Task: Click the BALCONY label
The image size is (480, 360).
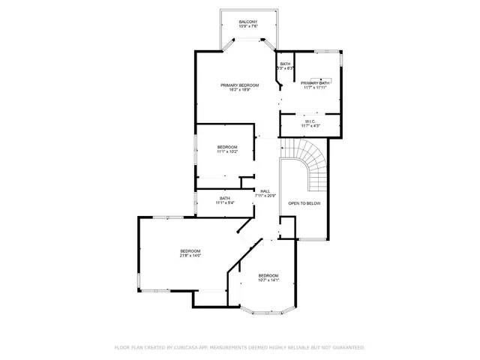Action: [248, 22]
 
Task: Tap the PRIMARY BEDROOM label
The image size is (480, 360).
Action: [239, 85]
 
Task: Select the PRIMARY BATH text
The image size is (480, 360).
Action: [316, 82]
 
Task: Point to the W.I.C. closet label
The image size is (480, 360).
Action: [310, 121]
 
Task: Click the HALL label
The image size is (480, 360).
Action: [265, 191]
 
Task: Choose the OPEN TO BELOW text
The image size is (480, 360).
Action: [304, 203]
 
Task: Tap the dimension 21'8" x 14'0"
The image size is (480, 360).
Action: [190, 256]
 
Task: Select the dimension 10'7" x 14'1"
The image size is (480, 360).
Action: [268, 280]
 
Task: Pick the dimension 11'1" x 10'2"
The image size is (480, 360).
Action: [227, 151]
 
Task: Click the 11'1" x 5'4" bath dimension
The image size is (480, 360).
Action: [225, 202]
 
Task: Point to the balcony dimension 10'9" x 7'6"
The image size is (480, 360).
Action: [248, 27]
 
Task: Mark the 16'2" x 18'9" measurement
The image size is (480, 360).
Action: [239, 91]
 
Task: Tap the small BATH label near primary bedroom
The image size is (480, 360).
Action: [285, 64]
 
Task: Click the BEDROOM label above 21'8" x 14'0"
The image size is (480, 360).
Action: [190, 250]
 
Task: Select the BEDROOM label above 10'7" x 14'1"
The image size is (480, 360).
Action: [268, 275]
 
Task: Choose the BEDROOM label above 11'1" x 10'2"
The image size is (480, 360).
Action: [227, 146]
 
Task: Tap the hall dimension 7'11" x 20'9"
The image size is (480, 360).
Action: [265, 196]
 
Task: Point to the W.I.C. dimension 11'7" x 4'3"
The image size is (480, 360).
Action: [310, 126]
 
